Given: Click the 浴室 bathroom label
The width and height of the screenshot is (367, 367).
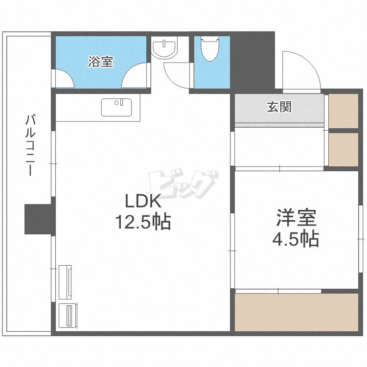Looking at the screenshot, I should click(x=101, y=62).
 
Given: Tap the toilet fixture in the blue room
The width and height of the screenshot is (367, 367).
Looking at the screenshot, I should click(x=210, y=48).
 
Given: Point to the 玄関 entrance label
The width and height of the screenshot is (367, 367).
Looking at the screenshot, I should click(x=279, y=106).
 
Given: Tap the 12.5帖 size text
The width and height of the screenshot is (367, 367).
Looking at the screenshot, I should click(x=142, y=223).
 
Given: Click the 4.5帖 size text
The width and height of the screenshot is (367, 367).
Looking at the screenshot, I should click(x=296, y=239).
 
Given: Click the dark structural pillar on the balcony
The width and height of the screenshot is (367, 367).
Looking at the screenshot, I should click(x=38, y=219).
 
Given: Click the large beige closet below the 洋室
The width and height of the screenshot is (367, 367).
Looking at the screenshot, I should click(x=296, y=312).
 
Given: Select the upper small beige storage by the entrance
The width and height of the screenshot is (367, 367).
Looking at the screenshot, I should click(x=343, y=111).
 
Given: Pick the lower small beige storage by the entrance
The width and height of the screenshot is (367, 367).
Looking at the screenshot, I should click(x=343, y=149).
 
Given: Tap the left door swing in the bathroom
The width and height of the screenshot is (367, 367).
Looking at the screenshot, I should click(x=63, y=78).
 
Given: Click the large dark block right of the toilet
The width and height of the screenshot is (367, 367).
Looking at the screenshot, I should click(x=252, y=61).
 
